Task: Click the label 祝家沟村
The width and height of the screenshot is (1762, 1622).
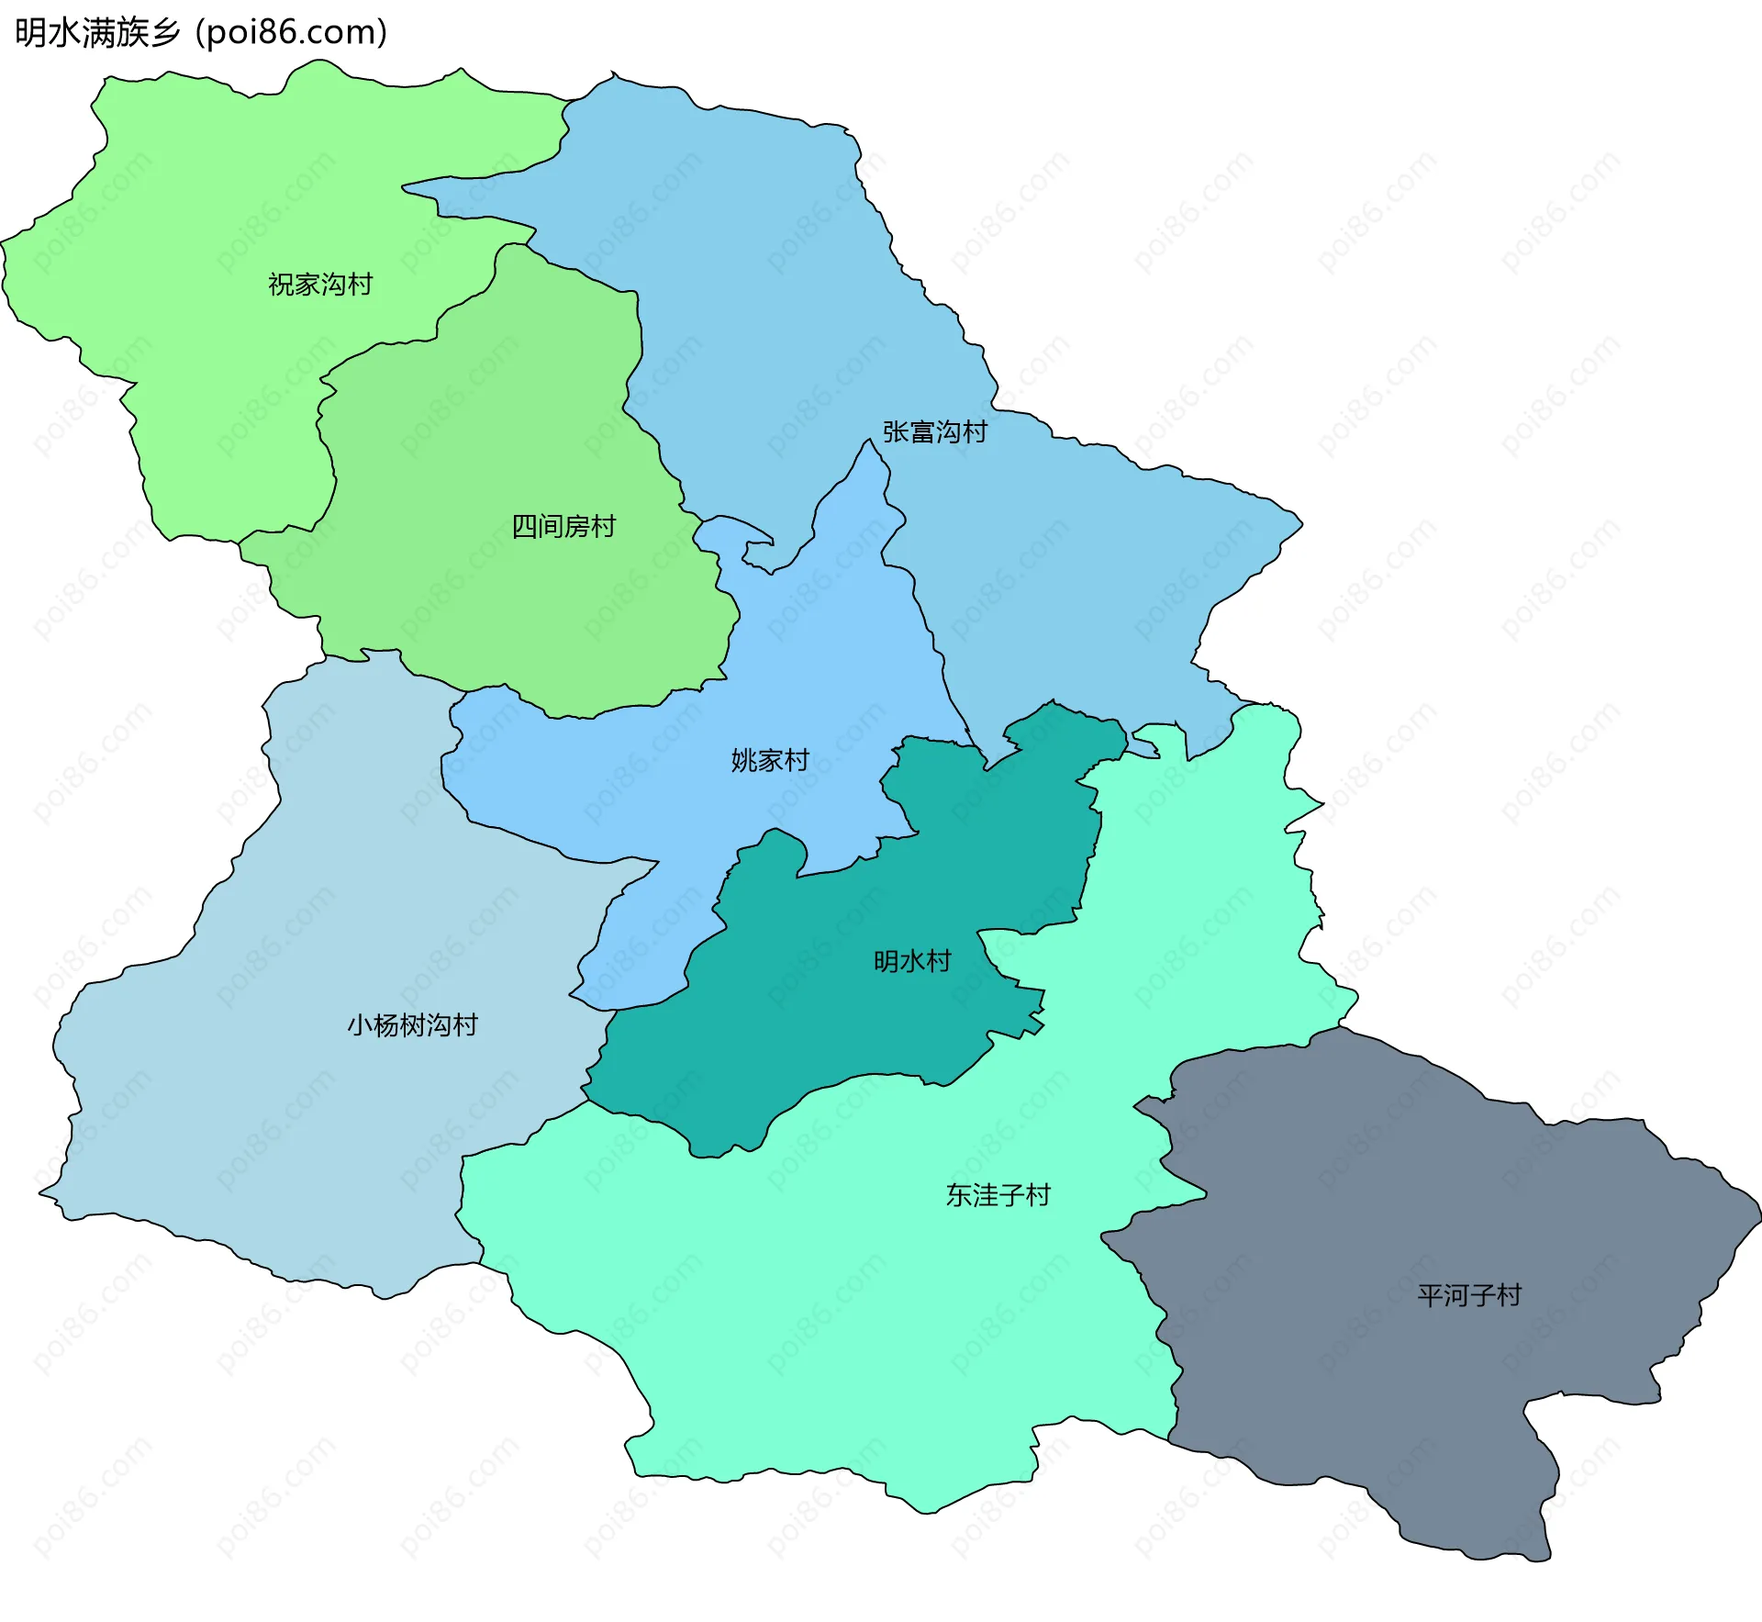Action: point(320,285)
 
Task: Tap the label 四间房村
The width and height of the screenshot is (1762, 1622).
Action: point(563,526)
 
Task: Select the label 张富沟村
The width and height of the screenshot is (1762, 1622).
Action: point(934,431)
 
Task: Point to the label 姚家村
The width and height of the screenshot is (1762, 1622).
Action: point(770,760)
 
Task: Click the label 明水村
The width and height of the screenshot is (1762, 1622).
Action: point(911,961)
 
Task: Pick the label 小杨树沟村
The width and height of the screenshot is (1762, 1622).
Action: point(412,1024)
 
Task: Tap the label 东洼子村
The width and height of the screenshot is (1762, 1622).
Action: point(998,1195)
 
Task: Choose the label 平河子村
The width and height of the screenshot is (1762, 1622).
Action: point(1469,1295)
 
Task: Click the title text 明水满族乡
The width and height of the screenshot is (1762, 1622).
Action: point(97,32)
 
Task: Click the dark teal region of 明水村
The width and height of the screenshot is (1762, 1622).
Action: point(826,1028)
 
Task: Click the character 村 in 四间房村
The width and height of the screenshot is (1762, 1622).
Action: point(603,526)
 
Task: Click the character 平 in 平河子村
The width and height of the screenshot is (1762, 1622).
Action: point(1430,1295)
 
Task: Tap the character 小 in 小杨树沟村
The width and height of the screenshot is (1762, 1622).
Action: point(359,1024)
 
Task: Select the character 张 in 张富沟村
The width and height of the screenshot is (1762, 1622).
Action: point(895,431)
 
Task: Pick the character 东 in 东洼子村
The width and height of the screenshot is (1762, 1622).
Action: point(958,1195)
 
